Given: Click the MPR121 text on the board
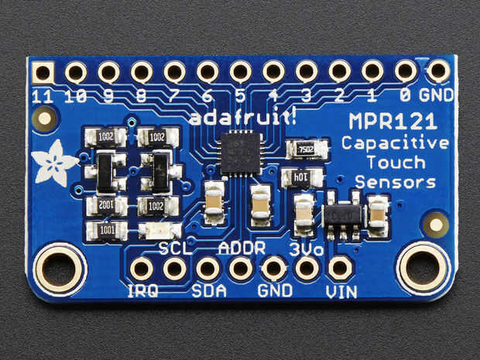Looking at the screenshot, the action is pyautogui.click(x=391, y=122).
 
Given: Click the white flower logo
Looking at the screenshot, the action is pyautogui.click(x=54, y=160).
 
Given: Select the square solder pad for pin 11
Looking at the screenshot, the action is pyautogui.click(x=43, y=73).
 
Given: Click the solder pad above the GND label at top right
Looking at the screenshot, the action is pyautogui.click(x=438, y=71).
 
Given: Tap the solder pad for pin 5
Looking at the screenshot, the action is pyautogui.click(x=240, y=72).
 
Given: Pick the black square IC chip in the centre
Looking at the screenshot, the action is pyautogui.click(x=240, y=153).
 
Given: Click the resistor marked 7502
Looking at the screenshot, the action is pyautogui.click(x=304, y=149).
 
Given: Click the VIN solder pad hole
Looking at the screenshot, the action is pyautogui.click(x=340, y=268).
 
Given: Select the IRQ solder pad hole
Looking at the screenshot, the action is pyautogui.click(x=142, y=269).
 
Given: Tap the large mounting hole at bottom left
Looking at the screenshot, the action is pyautogui.click(x=60, y=269).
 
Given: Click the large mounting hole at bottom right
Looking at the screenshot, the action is pyautogui.click(x=422, y=269).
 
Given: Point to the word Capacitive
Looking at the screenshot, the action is pyautogui.click(x=395, y=143).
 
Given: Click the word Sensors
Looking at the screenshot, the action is pyautogui.click(x=395, y=182).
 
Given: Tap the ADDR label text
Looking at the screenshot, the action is pyautogui.click(x=242, y=249).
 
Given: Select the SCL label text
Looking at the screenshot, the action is pyautogui.click(x=174, y=249).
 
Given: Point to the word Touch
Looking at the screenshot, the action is pyautogui.click(x=396, y=163).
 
